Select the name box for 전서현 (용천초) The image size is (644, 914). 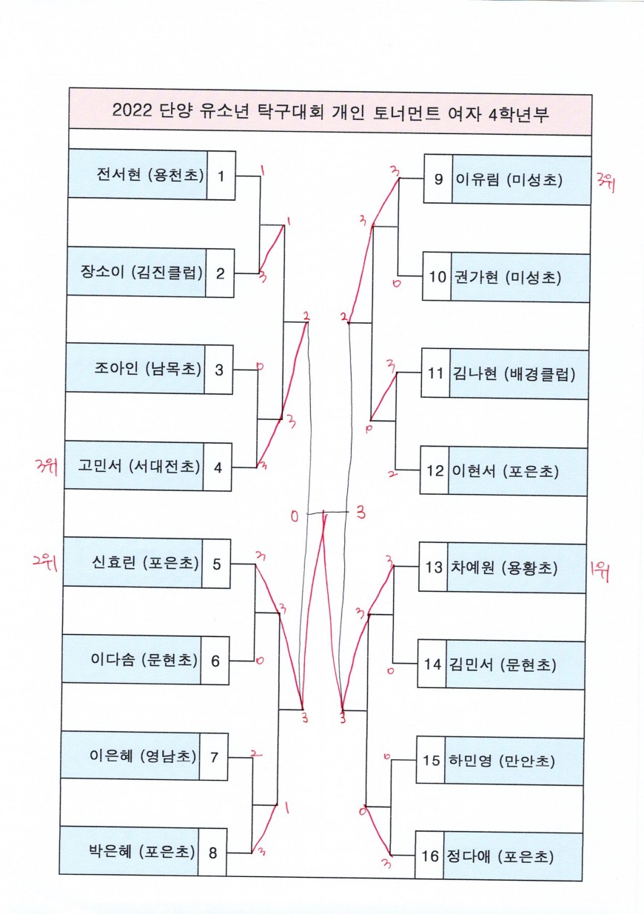coord(149,175)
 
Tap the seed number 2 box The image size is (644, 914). coord(221,273)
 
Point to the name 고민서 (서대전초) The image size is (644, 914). coord(139,466)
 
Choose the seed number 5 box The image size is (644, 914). coord(216,564)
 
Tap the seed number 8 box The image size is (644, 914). coord(212,852)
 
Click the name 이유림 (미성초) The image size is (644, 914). coord(509,179)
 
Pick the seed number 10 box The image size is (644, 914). coord(437,277)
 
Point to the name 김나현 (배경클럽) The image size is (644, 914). coord(511,374)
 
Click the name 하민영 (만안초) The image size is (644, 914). coord(501,760)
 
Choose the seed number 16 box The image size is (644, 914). coord(430,856)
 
